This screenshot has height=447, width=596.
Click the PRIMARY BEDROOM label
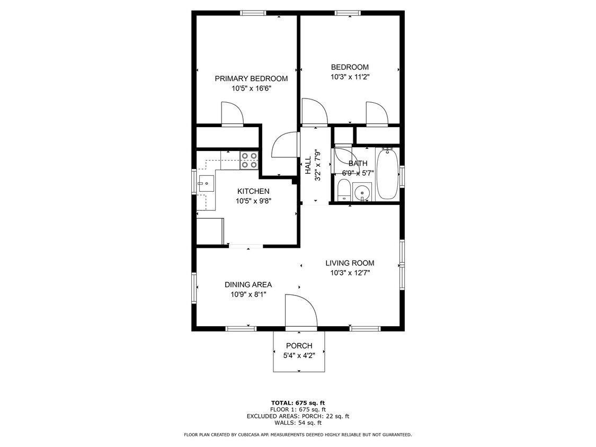(251, 78)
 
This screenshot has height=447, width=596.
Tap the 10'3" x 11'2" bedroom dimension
(350, 77)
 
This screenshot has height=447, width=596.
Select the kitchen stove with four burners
(249, 160)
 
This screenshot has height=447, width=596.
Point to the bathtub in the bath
(387, 174)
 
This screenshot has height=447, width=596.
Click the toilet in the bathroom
(343, 190)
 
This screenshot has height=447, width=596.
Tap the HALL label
(308, 165)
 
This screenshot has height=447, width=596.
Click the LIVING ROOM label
(350, 263)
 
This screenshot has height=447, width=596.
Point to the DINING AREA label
(248, 284)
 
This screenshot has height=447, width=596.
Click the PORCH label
(299, 346)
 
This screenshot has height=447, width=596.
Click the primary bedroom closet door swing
(232, 113)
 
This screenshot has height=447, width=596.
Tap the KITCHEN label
(253, 191)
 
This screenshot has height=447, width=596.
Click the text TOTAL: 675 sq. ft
(297, 403)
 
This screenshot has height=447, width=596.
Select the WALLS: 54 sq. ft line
(297, 423)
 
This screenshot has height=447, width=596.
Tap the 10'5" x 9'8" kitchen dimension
(253, 201)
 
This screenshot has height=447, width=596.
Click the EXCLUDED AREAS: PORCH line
(297, 416)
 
